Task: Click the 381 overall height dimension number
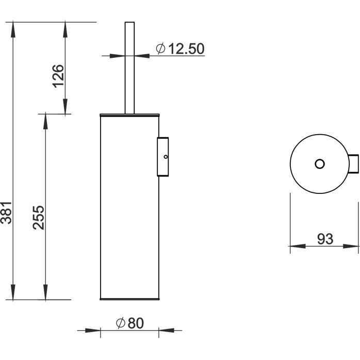[x=6, y=212]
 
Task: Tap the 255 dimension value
[x=38, y=218]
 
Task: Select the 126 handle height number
[x=58, y=76]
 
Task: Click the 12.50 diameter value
[x=186, y=48]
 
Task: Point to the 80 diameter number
[x=136, y=323]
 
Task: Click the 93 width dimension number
[x=325, y=239]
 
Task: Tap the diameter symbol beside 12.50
[x=160, y=48]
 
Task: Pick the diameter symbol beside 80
[x=120, y=323]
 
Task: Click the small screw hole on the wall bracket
[x=166, y=157]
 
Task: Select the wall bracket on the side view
[x=163, y=157]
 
